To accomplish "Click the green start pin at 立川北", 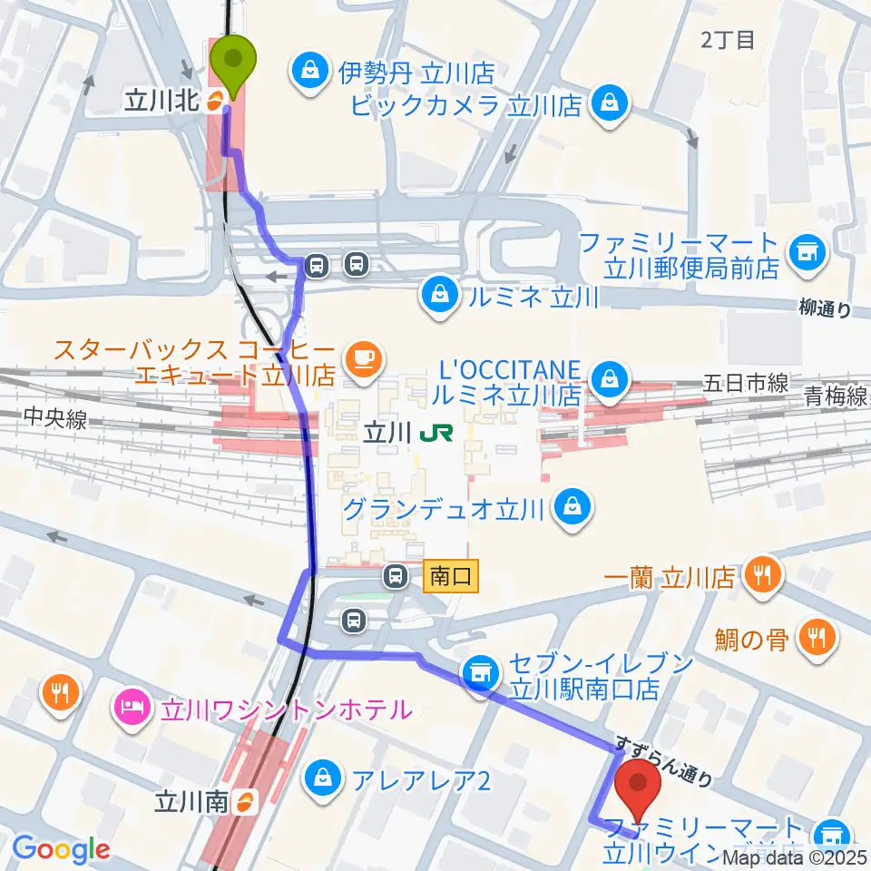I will coord(233,60).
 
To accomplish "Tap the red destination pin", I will coord(639,788).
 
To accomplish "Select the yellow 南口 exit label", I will coord(449,576).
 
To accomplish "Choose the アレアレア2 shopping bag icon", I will coord(323,778).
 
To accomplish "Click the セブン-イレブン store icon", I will coord(477,673).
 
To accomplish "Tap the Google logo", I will coord(61,848).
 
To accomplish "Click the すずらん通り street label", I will coord(663,759).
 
